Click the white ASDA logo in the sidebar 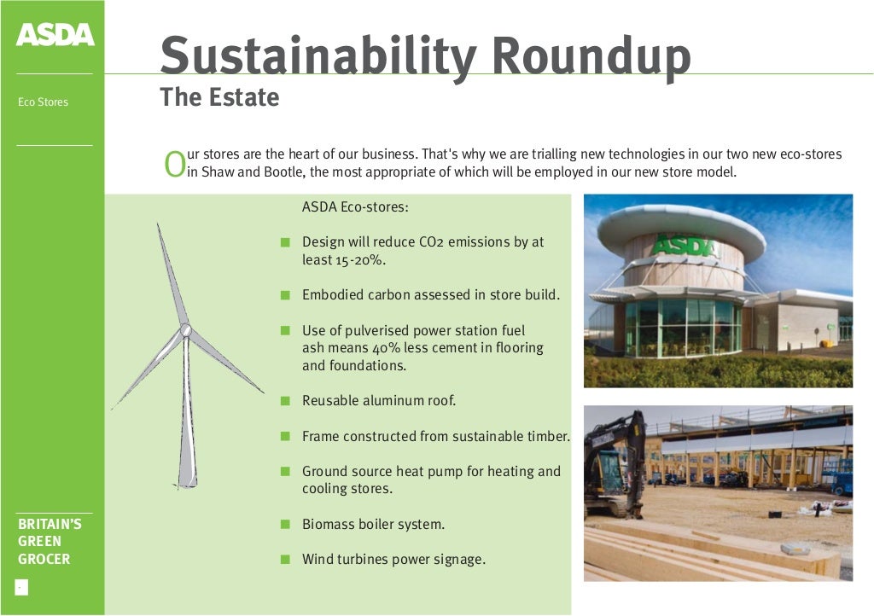[x=55, y=35]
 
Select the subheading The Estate [x=219, y=97]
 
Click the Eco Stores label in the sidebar [x=43, y=102]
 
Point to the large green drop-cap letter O [x=174, y=165]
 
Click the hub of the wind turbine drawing [x=184, y=329]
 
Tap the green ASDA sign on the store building [x=685, y=247]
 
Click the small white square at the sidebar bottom [x=21, y=587]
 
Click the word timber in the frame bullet [x=549, y=436]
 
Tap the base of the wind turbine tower [x=186, y=484]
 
